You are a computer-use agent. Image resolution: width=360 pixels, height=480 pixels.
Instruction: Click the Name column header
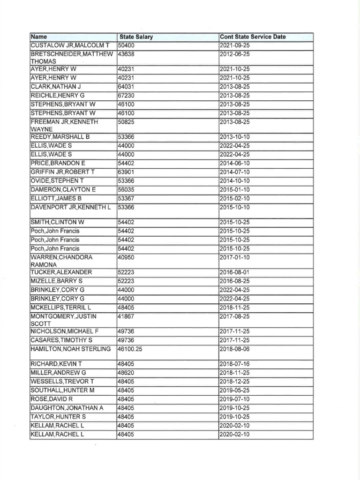click(39, 37)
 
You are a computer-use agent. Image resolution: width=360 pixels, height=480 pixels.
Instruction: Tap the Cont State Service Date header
click(253, 37)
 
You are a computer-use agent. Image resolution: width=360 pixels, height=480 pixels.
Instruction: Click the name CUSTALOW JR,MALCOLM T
click(70, 45)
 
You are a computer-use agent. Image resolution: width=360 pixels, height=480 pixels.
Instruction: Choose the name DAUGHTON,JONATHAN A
click(67, 408)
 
